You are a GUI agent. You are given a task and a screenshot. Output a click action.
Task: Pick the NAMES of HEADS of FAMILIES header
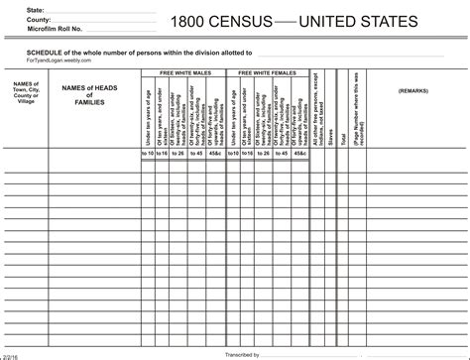coord(90,95)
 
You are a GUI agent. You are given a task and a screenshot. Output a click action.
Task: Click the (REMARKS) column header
coord(412,90)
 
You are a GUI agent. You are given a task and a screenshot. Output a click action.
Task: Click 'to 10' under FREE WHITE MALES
coord(149,154)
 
